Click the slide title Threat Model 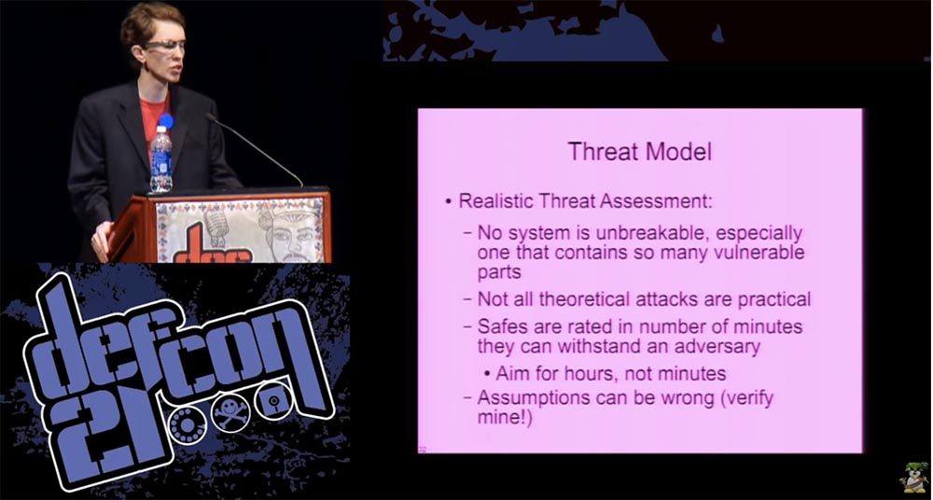(x=639, y=152)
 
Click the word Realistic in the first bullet (x=496, y=201)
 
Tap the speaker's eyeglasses (x=163, y=47)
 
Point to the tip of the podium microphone (x=209, y=118)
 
